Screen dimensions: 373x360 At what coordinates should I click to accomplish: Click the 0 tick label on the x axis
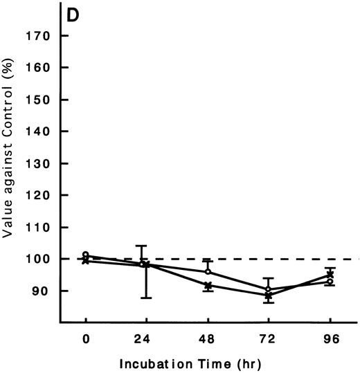[x=85, y=339]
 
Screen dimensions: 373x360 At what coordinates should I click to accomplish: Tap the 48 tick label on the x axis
[x=207, y=339]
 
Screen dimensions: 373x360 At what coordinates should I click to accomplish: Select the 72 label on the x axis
[x=268, y=339]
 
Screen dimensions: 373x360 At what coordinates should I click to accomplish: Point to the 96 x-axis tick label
[x=330, y=339]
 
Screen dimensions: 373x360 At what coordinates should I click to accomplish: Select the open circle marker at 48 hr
[x=208, y=271]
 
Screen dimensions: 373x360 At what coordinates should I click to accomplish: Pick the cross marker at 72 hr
[x=269, y=295]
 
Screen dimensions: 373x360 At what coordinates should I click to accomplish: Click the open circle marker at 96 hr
[x=330, y=282]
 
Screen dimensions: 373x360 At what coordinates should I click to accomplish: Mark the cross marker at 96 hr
[x=330, y=275]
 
